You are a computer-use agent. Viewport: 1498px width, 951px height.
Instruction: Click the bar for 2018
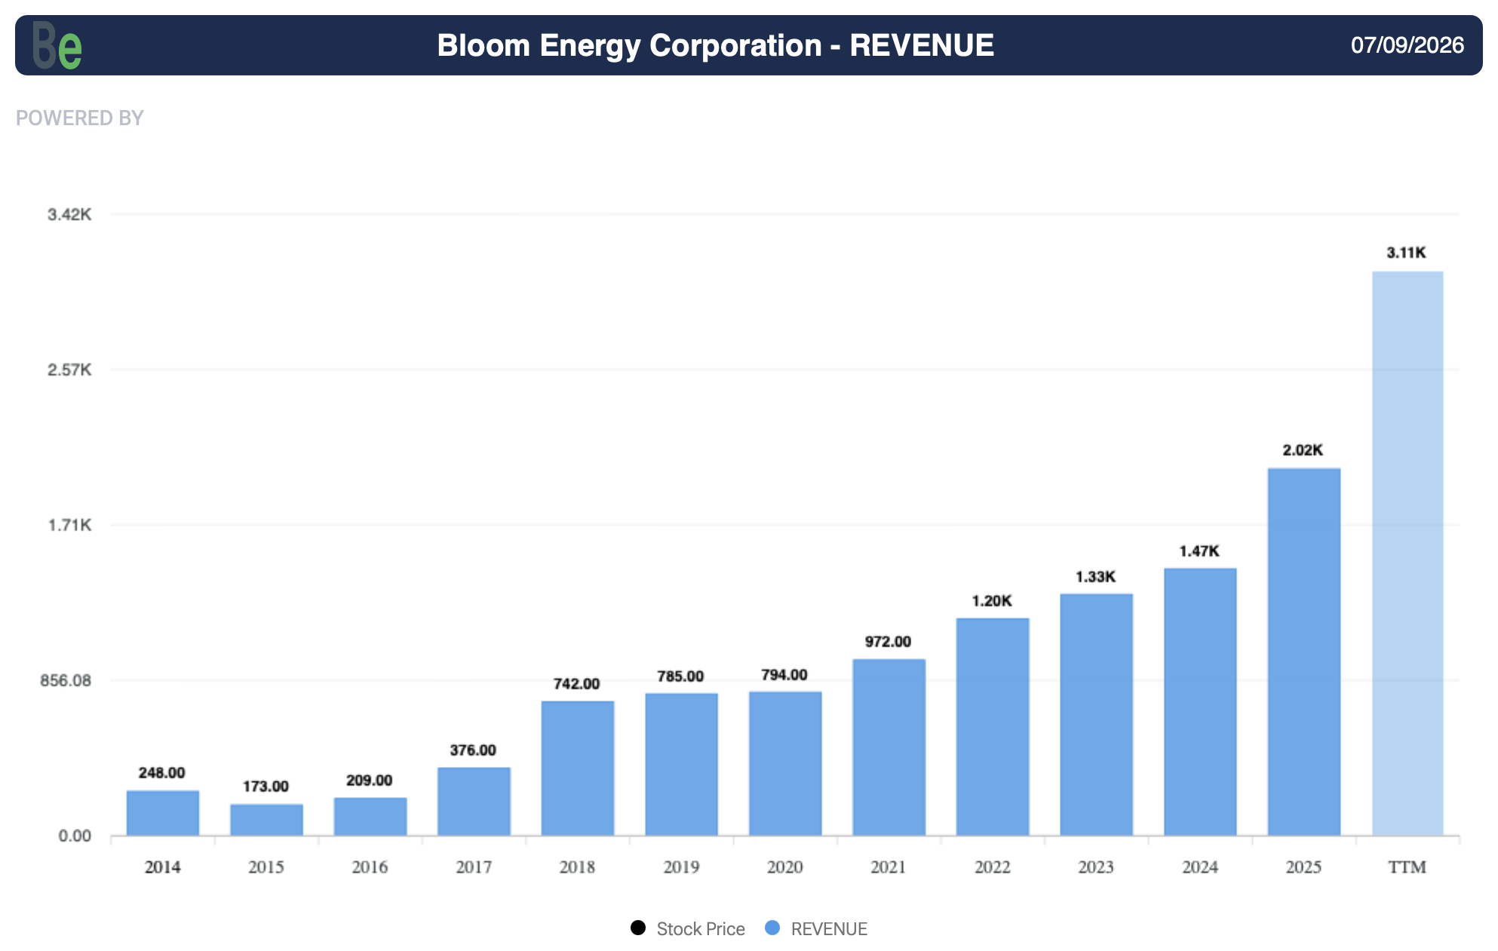[578, 768]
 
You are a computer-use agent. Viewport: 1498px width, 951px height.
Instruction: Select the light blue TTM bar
[1407, 553]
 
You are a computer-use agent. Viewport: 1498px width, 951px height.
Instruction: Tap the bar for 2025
[1304, 652]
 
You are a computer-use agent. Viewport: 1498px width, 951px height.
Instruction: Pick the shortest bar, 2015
[266, 820]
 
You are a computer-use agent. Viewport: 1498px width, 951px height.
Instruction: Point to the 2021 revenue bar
[889, 747]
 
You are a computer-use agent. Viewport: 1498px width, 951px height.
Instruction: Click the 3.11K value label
[1407, 253]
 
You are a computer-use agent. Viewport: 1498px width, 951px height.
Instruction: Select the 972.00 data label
[888, 642]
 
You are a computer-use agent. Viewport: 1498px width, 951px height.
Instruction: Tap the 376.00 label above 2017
[473, 750]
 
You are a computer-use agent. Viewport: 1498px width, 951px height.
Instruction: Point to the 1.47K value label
[1199, 551]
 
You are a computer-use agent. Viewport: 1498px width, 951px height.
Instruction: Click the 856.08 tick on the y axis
[66, 680]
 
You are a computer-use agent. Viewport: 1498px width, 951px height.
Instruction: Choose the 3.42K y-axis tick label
[69, 214]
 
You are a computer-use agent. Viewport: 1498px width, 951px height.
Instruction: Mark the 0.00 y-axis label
[75, 836]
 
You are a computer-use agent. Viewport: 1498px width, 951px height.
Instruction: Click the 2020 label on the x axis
[785, 867]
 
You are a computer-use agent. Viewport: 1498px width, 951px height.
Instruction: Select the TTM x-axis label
[1407, 867]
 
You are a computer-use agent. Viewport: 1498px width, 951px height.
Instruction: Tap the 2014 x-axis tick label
[163, 867]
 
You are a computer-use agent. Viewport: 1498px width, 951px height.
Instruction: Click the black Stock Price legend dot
[638, 928]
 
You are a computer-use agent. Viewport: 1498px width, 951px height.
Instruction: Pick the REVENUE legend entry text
[829, 929]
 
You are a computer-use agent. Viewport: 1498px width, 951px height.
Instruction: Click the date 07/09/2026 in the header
[1407, 45]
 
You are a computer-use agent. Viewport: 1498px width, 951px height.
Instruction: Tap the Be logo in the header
[57, 45]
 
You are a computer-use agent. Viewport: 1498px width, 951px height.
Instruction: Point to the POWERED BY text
[80, 118]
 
